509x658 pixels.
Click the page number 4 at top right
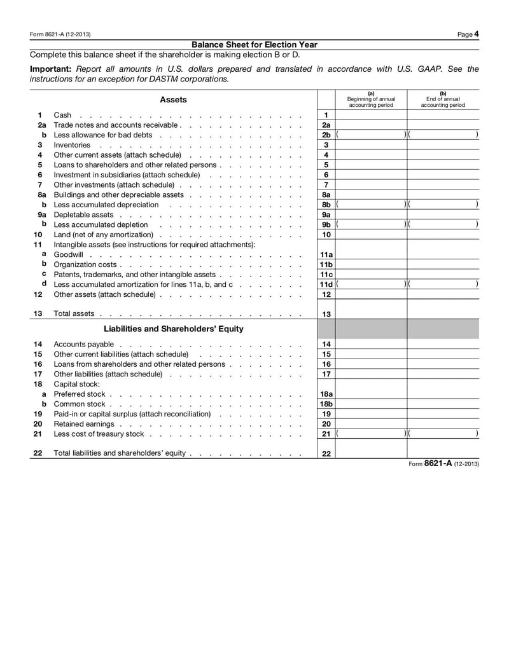(476, 34)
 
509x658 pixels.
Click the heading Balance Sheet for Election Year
(254, 45)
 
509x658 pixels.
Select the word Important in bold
(51, 69)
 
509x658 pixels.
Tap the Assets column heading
(173, 100)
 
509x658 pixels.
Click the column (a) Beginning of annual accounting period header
(371, 100)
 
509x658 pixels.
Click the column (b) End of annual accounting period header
(443, 100)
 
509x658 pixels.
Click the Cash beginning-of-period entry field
(371, 115)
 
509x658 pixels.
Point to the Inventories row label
(72, 145)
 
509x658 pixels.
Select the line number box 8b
(326, 205)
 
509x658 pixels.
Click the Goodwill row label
(69, 254)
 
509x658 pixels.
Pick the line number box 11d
(326, 284)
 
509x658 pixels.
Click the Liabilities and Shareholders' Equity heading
(173, 329)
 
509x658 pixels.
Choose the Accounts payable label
(83, 345)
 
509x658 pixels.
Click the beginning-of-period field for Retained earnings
(371, 424)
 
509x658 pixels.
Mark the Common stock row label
(80, 404)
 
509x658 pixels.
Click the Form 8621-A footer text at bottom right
(443, 464)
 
